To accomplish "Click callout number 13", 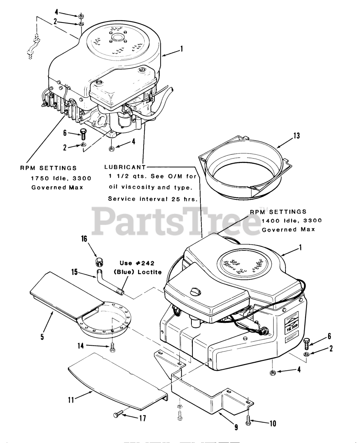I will [297, 136].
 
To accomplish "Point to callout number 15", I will [74, 273].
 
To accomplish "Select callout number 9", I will [236, 427].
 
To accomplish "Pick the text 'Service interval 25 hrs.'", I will [153, 199].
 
